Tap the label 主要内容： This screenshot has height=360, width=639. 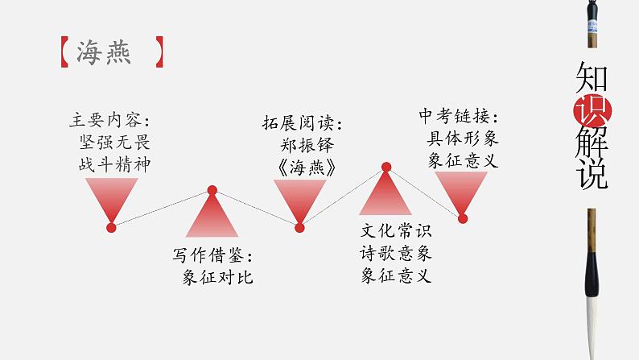point(109,122)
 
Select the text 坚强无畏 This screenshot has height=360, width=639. point(109,143)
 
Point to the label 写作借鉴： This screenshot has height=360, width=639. point(212,256)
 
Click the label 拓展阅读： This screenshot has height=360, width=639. point(302,124)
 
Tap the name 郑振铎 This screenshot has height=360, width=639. point(302,145)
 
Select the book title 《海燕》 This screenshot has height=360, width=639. point(301,166)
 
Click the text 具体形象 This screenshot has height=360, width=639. point(462,138)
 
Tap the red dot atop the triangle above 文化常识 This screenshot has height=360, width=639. point(385,168)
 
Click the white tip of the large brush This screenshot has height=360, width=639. point(600,322)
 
